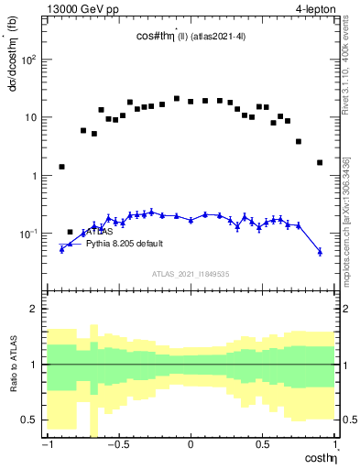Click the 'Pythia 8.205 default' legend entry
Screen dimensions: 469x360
pos(128,245)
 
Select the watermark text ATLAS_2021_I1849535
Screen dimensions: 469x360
pos(191,274)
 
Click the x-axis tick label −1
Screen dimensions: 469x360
pos(47,446)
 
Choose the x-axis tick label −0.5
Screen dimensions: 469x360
pos(117,446)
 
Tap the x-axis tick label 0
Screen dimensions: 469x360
pos(191,446)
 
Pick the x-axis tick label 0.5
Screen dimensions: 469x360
pos(262,446)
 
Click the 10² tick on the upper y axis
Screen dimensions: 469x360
pos(29,60)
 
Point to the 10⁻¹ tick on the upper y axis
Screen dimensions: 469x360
pos(29,234)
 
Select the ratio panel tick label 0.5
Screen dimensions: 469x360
pos(32,420)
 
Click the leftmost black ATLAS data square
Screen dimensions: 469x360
pos(61,167)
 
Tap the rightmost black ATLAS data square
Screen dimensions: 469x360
pos(320,162)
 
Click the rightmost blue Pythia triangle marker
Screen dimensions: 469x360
pos(320,251)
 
